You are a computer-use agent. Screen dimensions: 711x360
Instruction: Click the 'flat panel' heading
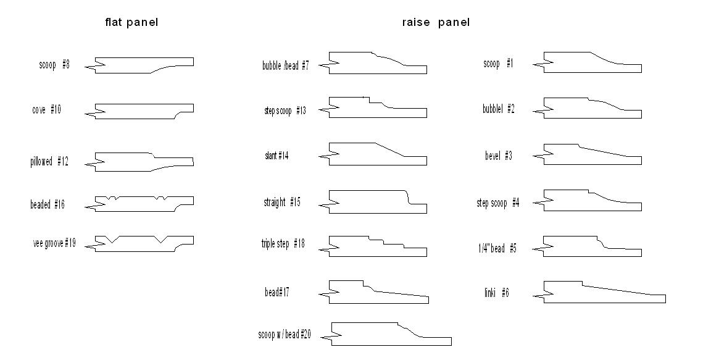tap(131, 22)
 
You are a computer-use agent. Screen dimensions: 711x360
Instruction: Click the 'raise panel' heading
tap(436, 22)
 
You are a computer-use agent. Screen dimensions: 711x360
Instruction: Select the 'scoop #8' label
tap(54, 64)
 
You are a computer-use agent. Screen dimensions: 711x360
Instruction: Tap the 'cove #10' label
tap(47, 110)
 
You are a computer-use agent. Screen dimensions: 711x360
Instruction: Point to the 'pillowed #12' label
tap(49, 161)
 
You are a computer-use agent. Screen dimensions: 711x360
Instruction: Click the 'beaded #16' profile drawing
tap(139, 204)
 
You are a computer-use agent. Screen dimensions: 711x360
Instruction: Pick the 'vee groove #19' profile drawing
tap(139, 243)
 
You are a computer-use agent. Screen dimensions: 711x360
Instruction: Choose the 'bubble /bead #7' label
tap(285, 65)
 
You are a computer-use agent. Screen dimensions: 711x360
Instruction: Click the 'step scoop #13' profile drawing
tap(373, 107)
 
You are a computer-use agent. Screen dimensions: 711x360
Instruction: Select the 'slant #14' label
tap(276, 156)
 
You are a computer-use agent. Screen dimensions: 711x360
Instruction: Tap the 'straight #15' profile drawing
tap(373, 202)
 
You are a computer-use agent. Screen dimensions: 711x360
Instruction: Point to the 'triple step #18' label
tap(283, 244)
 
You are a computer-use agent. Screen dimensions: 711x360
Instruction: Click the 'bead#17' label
tap(277, 292)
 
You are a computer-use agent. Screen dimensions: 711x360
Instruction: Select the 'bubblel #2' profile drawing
tap(588, 108)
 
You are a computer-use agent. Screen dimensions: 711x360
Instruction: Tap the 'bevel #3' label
tap(498, 156)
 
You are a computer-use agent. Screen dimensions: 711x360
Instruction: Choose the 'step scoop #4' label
tap(498, 203)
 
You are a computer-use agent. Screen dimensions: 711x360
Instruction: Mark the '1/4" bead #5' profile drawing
tap(587, 246)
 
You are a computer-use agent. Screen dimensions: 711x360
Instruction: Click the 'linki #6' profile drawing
tap(599, 292)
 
